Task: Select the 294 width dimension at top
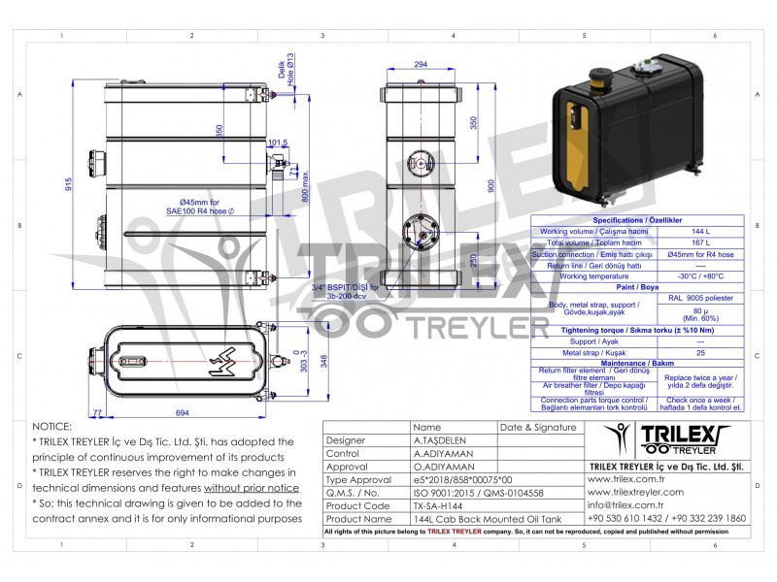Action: point(420,64)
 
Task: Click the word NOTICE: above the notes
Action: point(51,426)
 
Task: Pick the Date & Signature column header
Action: point(537,426)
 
